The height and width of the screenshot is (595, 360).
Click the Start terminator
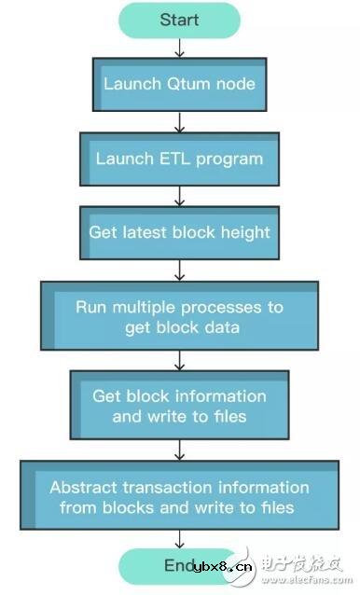click(179, 21)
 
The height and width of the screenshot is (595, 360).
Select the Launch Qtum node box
click(179, 84)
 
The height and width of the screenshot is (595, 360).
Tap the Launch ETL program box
click(179, 159)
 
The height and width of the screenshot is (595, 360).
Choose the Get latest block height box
click(179, 232)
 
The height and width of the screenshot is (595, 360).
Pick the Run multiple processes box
click(179, 317)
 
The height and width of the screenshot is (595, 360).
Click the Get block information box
click(179, 407)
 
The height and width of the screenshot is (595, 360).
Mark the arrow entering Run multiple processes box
click(179, 270)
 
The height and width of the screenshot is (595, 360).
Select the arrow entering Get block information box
click(179, 360)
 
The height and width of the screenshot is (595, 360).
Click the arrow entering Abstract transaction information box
click(179, 450)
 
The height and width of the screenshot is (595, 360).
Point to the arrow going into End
click(179, 540)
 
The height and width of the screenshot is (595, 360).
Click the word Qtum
click(191, 84)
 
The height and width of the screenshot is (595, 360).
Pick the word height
click(246, 232)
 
